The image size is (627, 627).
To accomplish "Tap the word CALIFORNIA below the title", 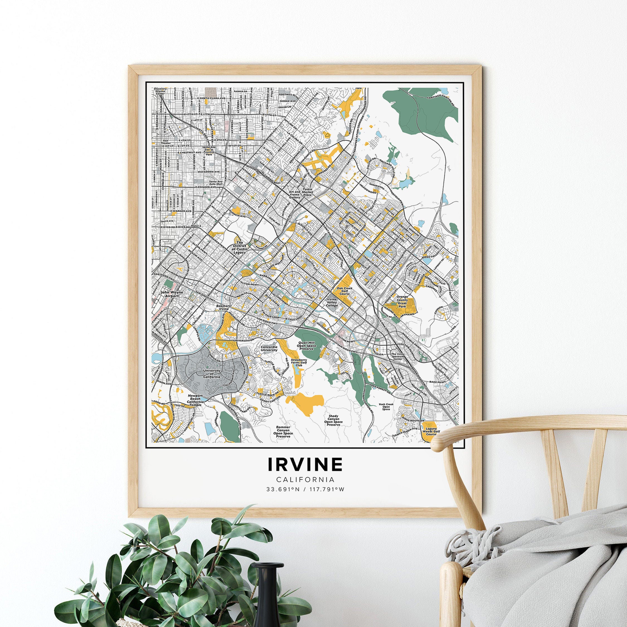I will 305,479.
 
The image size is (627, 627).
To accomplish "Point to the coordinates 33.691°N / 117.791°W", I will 305,489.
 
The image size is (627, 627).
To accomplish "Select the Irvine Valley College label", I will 332,302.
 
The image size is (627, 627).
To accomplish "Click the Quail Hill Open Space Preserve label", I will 307,345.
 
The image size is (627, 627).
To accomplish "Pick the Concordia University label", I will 269,349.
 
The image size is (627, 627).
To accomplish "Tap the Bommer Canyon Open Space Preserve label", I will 283,432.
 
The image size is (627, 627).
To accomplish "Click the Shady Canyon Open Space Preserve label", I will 333,420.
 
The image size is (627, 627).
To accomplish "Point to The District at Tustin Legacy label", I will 240,247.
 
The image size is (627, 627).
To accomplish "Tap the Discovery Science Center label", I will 160,91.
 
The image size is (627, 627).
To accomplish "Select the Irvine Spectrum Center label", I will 398,356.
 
